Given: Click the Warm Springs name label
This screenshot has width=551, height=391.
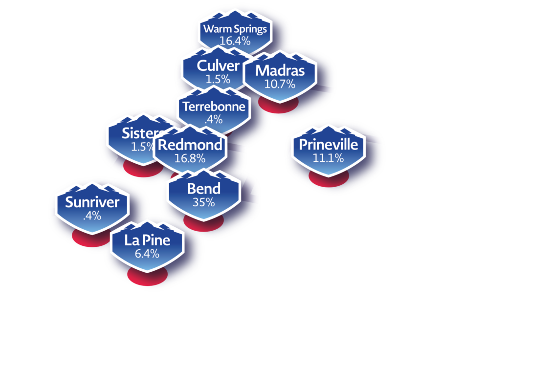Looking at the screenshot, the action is click(x=235, y=29).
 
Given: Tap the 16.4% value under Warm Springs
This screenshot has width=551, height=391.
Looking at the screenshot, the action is click(x=235, y=41).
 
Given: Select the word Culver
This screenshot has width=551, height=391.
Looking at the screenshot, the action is click(x=218, y=65).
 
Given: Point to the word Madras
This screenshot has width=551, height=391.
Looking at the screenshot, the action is click(x=280, y=70).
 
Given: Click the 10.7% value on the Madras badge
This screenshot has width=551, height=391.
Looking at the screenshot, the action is click(x=280, y=84).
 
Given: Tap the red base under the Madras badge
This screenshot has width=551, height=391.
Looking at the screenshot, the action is click(x=278, y=106).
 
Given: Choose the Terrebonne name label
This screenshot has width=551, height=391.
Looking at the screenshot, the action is click(x=214, y=107).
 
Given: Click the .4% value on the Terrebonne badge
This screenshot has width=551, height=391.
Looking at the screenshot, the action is click(x=214, y=119).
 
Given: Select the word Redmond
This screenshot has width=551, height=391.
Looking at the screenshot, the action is click(x=190, y=145).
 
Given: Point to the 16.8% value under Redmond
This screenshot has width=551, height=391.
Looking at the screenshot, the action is click(x=190, y=158).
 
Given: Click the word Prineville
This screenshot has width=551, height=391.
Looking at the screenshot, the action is click(x=328, y=144).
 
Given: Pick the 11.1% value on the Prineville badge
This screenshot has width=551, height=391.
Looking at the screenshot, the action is click(x=328, y=158).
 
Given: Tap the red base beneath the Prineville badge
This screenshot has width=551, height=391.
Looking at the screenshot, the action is click(x=329, y=179).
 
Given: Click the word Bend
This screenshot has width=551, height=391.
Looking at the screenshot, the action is click(x=204, y=189).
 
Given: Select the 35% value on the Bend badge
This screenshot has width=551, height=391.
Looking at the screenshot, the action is click(x=203, y=202).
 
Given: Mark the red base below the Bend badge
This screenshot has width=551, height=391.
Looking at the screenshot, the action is click(x=203, y=224).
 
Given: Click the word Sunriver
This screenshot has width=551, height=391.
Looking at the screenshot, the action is click(x=92, y=202).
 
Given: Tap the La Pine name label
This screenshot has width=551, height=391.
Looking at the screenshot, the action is click(x=147, y=240).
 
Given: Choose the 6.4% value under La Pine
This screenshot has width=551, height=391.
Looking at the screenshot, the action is click(x=147, y=254).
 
